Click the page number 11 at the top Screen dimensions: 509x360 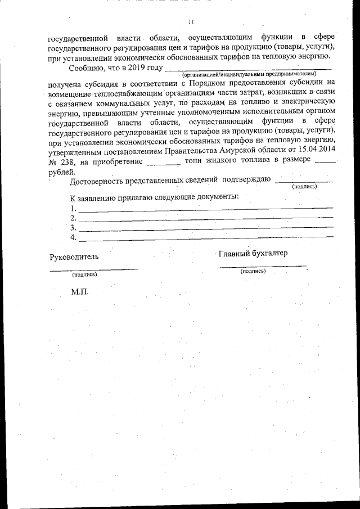190,22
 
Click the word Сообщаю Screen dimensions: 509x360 87,69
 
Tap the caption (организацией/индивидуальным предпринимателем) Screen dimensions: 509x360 249,74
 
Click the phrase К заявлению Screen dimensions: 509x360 91,197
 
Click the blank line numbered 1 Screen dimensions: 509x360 205,209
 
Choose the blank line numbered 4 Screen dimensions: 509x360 205,239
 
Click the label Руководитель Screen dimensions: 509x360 74,257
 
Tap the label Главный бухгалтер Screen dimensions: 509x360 253,253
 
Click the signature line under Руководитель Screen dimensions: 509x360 93,269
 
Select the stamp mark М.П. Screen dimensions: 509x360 80,292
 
